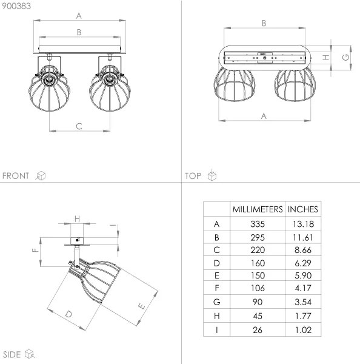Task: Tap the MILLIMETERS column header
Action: tap(258, 209)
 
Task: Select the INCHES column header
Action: tap(302, 209)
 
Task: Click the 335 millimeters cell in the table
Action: tap(258, 224)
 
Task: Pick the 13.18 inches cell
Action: tap(302, 224)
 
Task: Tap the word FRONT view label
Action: tap(16, 176)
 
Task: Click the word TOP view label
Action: tap(193, 176)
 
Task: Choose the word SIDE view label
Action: tap(12, 354)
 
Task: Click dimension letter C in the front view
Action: tap(79, 126)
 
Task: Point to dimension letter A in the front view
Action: tap(79, 16)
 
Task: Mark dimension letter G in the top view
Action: tap(345, 57)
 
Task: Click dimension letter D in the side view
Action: tap(68, 314)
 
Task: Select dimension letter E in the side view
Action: tap(141, 306)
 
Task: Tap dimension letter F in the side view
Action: tap(35, 249)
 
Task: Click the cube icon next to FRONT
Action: tap(41, 176)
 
